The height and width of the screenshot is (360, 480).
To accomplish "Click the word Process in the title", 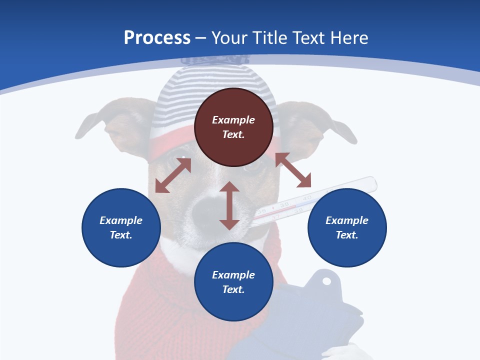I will pyautogui.click(x=157, y=37).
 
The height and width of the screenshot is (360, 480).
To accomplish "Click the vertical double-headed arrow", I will pyautogui.click(x=229, y=205).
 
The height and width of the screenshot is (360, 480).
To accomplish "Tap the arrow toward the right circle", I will pyautogui.click(x=293, y=170).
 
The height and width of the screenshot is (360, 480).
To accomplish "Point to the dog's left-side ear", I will pyautogui.click(x=107, y=125).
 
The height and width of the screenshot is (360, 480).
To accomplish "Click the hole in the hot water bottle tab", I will pyautogui.click(x=326, y=281).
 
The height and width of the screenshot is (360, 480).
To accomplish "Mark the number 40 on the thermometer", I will pyautogui.click(x=307, y=198).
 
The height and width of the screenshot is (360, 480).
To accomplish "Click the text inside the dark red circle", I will pyautogui.click(x=233, y=127).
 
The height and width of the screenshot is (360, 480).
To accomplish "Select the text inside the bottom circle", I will pyautogui.click(x=233, y=282).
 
